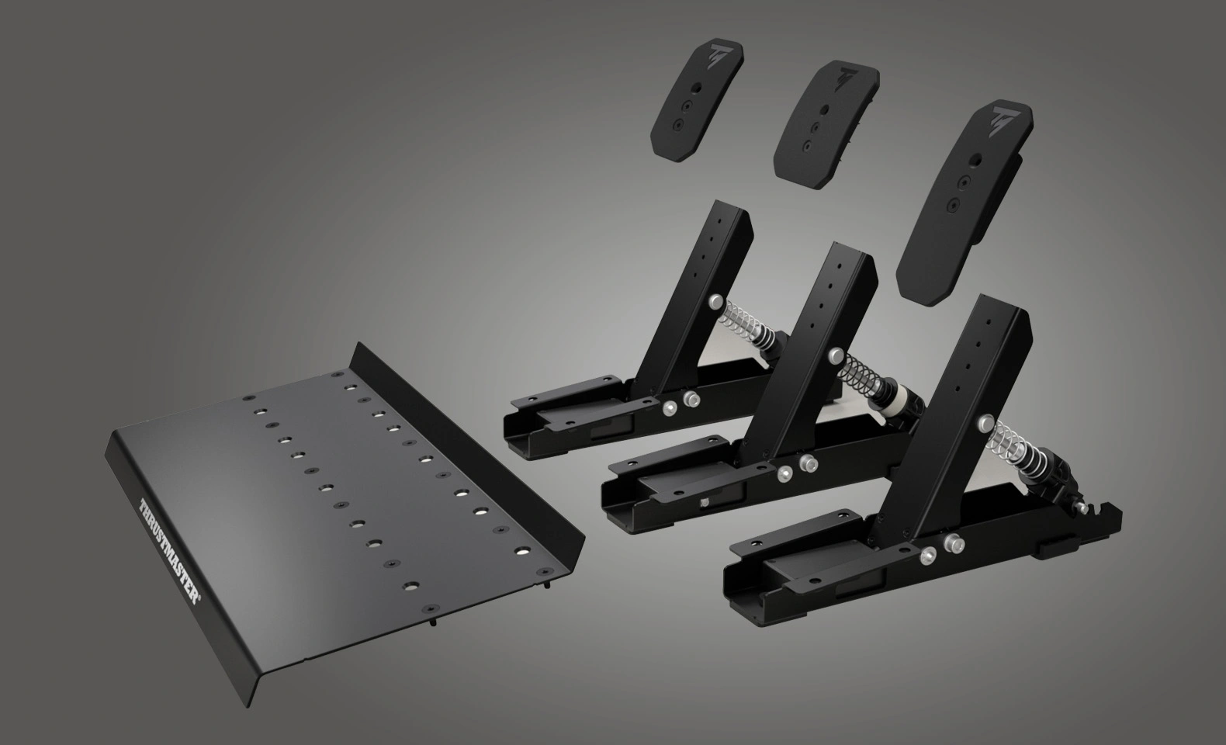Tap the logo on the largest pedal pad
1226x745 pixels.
(1002, 119)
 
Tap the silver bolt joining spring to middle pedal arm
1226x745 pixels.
(836, 355)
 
